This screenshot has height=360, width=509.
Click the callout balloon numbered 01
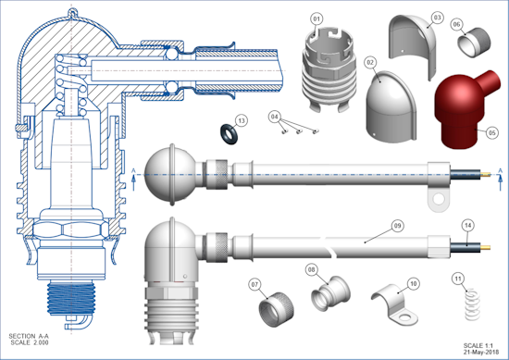(x=317, y=19)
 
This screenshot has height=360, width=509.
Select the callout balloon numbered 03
(x=437, y=18)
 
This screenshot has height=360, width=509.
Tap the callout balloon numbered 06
(x=456, y=24)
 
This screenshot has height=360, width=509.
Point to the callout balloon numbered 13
(x=242, y=120)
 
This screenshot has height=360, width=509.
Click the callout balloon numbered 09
(x=398, y=226)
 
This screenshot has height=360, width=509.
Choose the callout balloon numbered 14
(x=467, y=225)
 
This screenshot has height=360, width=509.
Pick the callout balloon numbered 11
(x=458, y=279)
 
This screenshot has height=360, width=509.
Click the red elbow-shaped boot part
(x=464, y=110)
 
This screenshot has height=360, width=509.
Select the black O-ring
(x=229, y=133)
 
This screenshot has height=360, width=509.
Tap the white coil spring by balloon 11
(x=472, y=304)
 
